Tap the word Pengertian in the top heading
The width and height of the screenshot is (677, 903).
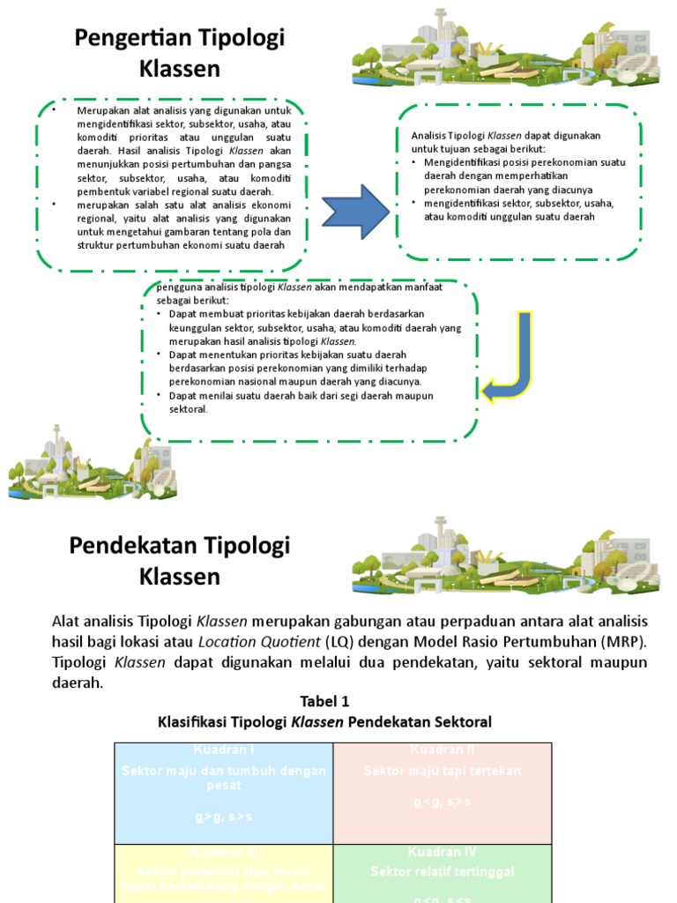130,39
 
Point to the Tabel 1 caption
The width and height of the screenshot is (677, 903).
324,702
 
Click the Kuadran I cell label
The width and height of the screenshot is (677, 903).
223,750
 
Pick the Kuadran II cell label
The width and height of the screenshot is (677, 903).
443,750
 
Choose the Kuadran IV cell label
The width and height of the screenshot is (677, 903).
443,853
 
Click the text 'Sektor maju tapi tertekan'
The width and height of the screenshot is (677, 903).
443,772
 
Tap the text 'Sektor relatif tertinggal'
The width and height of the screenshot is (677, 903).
443,872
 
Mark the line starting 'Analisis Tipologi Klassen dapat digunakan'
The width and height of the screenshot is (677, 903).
505,136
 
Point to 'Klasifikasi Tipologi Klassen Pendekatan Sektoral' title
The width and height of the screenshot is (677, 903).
324,722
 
